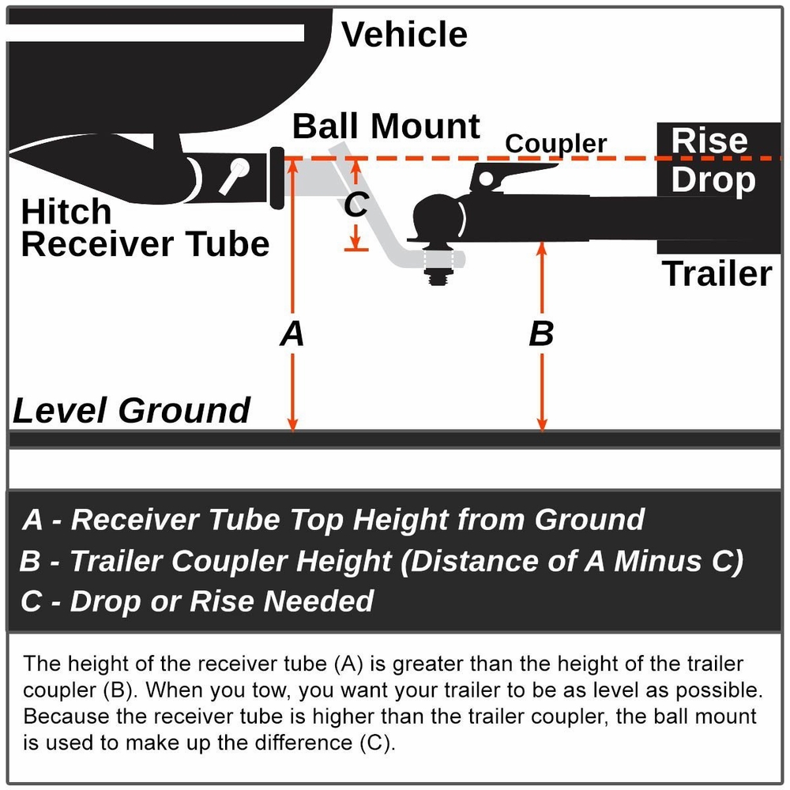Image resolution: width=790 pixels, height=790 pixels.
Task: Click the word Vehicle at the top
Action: click(x=404, y=35)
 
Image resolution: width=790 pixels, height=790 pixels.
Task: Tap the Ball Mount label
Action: click(x=386, y=126)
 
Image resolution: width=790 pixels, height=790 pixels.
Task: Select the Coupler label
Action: click(x=556, y=144)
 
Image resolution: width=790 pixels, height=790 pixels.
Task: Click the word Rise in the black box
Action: click(x=709, y=141)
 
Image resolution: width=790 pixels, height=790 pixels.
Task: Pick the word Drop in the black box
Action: click(x=713, y=180)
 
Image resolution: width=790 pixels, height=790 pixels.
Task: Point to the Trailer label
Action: click(x=717, y=273)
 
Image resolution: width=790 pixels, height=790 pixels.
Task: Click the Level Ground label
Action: click(x=131, y=411)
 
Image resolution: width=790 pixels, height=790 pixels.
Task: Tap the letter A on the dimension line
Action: click(x=292, y=334)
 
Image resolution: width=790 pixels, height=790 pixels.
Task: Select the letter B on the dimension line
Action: click(x=541, y=334)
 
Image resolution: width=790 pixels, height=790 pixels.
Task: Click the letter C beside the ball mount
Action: click(x=356, y=205)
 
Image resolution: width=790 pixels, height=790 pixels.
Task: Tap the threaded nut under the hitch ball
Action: click(x=435, y=275)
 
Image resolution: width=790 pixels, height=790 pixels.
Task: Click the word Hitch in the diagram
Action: click(x=66, y=213)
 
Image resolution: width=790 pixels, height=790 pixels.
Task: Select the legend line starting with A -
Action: click(x=333, y=520)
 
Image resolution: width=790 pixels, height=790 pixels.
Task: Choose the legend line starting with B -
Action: click(x=381, y=561)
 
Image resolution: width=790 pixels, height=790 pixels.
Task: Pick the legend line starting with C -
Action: click(x=197, y=602)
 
